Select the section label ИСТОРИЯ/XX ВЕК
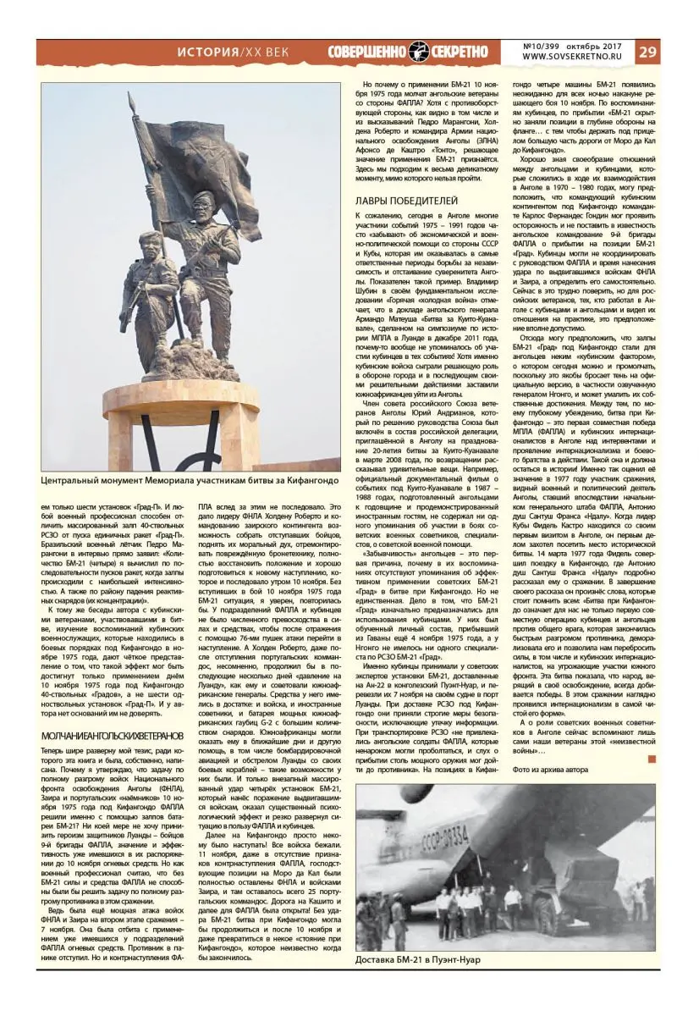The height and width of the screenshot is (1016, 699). [233, 52]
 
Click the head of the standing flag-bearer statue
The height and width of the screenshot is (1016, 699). [204, 203]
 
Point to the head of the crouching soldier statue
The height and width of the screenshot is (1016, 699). [150, 239]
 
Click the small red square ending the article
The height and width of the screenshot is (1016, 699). [651, 759]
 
